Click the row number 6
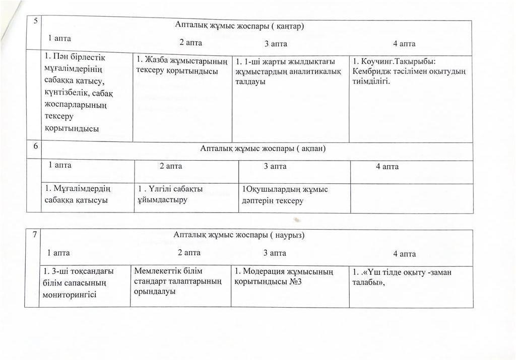coord(35,147)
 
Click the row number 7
coord(33,235)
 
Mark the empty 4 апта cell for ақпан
coord(411,197)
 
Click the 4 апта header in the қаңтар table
coord(404,44)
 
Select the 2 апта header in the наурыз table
coord(189,253)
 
